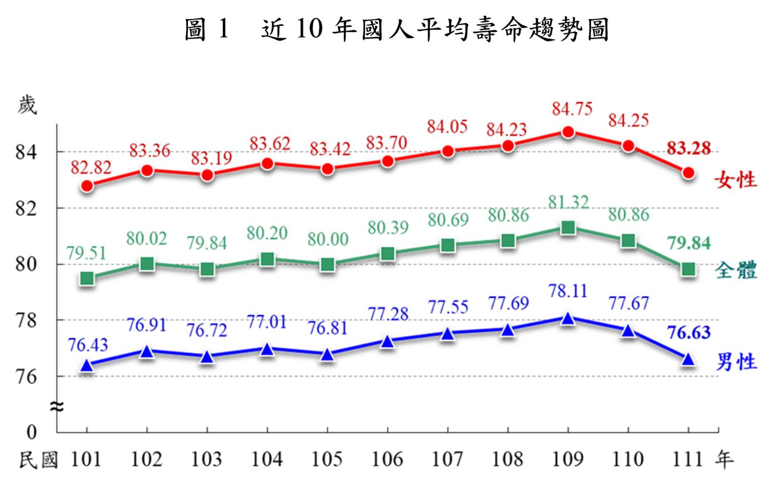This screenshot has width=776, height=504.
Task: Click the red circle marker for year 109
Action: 568,132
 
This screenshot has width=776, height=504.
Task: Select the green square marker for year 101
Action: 87,279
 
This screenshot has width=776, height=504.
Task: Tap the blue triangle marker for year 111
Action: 688,359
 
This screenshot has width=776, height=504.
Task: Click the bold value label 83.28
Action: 689,148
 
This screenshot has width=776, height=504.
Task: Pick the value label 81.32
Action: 568,202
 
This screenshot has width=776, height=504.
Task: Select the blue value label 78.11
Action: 568,291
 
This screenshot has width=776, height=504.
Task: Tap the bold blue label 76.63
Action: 689,333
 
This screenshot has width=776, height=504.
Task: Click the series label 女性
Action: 736,179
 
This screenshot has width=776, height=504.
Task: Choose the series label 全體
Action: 736,271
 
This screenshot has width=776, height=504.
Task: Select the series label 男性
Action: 736,362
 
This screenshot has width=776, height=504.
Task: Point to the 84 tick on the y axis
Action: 26,152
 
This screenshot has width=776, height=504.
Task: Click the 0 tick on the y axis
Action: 32,432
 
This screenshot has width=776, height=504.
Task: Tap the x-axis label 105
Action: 327,460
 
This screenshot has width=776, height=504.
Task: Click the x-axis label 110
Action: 628,460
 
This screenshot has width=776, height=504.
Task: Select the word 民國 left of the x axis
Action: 38,460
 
